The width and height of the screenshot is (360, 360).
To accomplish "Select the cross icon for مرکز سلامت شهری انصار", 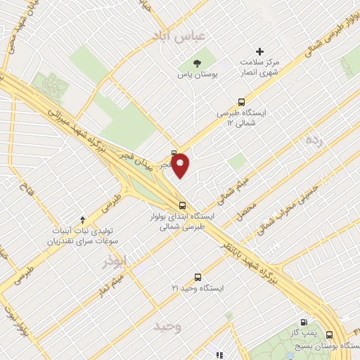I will [259, 51].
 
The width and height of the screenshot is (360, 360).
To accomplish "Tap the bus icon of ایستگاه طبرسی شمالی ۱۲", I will [243, 101].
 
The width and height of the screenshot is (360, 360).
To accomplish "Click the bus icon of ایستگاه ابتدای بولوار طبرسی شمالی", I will [183, 206].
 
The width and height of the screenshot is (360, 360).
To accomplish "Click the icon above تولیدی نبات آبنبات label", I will [83, 221].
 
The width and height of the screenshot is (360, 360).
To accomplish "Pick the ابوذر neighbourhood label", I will [116, 261].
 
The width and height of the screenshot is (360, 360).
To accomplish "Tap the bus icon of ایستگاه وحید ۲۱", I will [198, 277].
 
